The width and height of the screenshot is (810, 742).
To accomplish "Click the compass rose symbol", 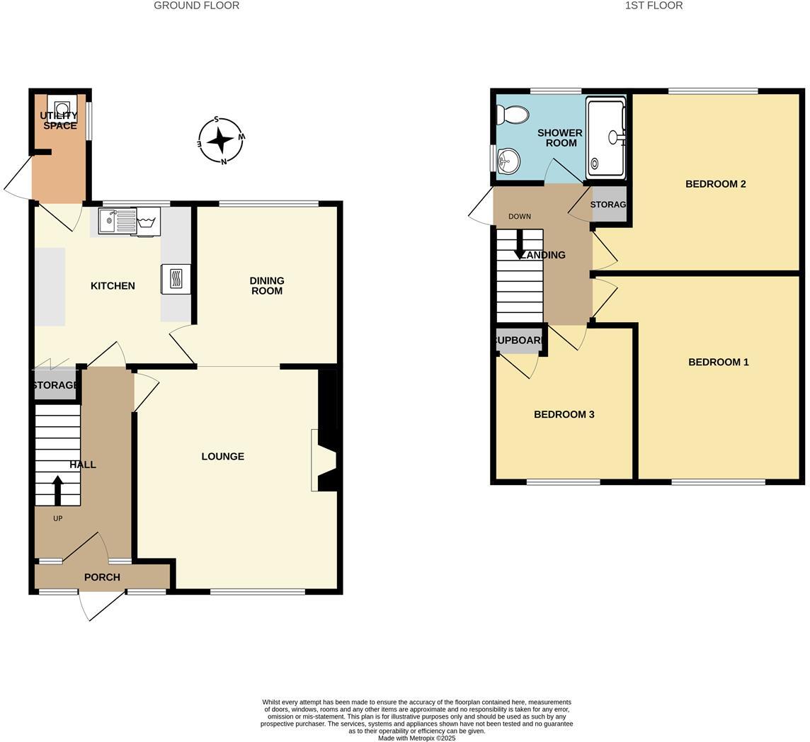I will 221,140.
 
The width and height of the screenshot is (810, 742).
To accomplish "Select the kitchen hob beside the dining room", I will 176,278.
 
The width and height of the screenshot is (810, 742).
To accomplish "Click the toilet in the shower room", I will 513,115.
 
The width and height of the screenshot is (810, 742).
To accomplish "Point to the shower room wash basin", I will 508,161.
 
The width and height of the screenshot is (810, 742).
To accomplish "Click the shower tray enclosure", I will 606,137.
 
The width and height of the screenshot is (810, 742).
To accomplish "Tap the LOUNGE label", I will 222,457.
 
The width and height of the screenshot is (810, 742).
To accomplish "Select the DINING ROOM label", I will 266,286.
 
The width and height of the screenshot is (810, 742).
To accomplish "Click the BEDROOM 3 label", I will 564,414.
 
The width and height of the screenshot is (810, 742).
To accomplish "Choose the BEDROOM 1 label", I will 718,362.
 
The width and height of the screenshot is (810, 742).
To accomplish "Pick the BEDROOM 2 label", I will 715,184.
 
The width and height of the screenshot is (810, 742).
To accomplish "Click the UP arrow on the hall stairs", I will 57,490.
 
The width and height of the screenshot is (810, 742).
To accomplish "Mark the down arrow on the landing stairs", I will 520,245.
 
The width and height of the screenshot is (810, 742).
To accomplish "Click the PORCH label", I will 102,577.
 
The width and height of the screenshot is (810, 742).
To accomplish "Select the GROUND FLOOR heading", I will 196,6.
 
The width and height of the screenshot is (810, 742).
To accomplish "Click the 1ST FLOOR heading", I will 654,6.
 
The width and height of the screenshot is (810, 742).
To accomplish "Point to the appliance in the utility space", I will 62,107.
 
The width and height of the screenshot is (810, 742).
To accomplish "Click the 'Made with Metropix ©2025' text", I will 416,738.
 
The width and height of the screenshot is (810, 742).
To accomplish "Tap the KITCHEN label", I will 113,286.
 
